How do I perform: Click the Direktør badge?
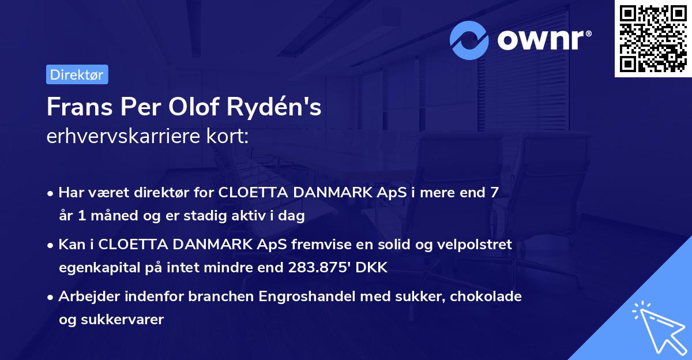pyautogui.click(x=77, y=74)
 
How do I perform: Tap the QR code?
pyautogui.click(x=651, y=39)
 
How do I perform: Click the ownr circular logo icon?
pyautogui.click(x=469, y=40)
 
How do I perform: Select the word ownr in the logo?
pyautogui.click(x=543, y=40)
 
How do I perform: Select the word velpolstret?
pyautogui.click(x=475, y=245)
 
